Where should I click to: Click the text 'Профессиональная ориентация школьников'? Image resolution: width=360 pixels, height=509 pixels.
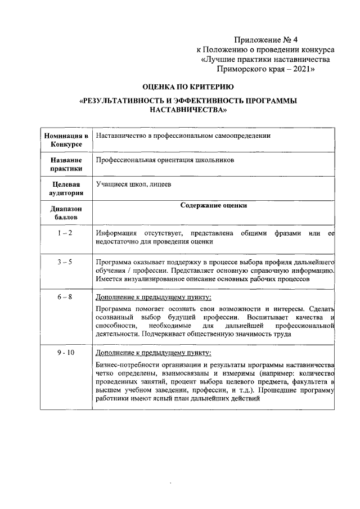pos(164,160)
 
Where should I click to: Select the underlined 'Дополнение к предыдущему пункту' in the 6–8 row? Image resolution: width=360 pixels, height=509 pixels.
pos(154,297)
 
